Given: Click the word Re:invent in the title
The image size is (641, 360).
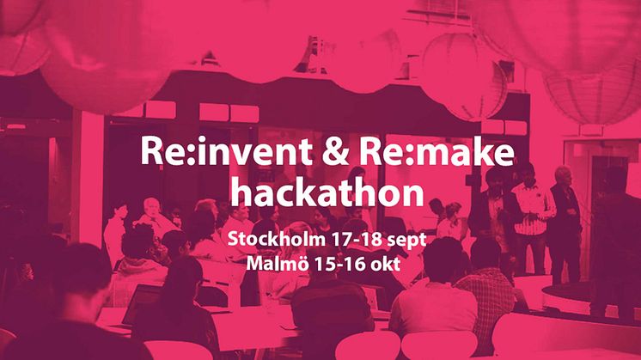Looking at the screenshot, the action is (227, 150).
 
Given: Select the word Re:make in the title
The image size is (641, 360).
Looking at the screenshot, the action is (436, 150).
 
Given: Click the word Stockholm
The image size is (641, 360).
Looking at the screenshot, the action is (276, 239).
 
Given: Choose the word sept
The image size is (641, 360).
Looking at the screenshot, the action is (406, 241).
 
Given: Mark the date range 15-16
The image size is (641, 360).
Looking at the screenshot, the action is (339, 264).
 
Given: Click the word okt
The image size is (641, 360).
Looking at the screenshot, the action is (385, 264).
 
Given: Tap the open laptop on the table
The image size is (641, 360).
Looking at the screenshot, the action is (141, 304).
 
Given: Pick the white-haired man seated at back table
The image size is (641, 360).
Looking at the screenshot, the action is (153, 217).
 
